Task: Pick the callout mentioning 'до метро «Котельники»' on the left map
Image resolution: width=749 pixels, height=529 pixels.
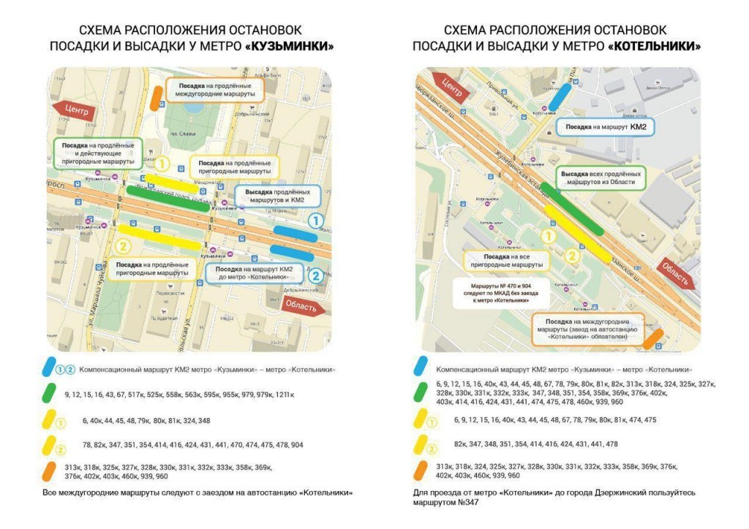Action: [x=254, y=273]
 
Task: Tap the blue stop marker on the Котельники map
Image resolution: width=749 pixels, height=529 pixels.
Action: [x=560, y=96]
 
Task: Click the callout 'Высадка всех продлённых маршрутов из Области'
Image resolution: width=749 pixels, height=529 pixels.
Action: [x=600, y=179]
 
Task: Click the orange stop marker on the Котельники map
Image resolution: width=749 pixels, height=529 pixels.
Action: [x=652, y=338]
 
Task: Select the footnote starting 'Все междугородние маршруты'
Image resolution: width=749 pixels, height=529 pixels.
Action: [x=197, y=492]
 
